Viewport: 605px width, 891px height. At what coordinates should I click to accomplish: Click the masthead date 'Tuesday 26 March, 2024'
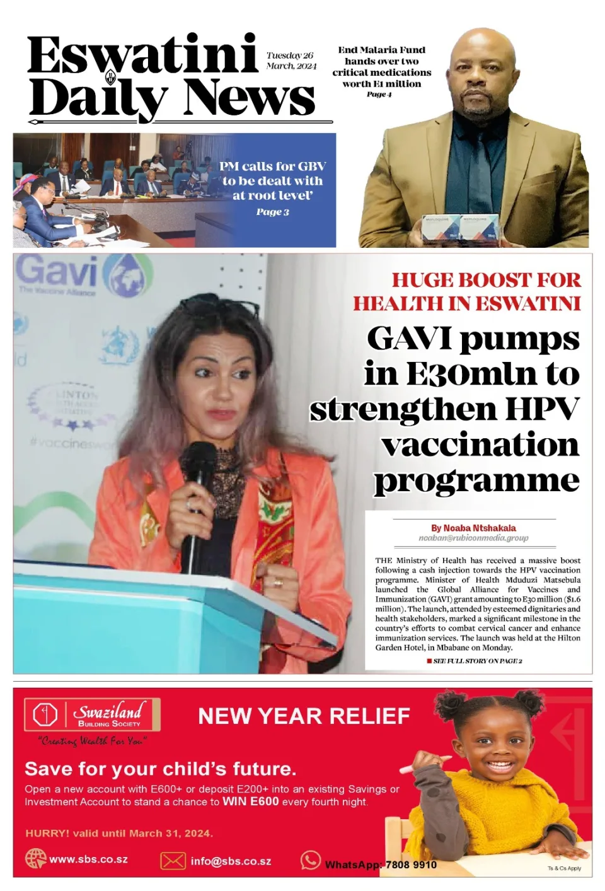(291, 61)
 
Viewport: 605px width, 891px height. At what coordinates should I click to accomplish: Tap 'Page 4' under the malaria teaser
(379, 95)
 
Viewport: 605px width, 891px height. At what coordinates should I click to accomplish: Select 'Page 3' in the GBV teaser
(272, 212)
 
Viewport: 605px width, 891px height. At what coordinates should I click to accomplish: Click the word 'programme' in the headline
(476, 480)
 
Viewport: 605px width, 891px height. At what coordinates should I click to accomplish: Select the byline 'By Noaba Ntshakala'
(473, 528)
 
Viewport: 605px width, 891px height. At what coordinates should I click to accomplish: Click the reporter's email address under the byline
(473, 538)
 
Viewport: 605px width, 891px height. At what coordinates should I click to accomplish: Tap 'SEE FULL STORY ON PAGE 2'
(477, 661)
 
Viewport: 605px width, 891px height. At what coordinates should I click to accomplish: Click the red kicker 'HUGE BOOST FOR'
(486, 280)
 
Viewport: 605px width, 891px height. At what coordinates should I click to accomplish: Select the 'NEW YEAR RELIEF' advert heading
(304, 716)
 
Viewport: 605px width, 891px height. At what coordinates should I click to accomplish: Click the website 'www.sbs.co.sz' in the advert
(88, 859)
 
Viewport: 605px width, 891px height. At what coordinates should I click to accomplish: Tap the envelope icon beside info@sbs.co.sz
(173, 861)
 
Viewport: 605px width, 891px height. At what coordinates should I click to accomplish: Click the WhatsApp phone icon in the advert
(310, 859)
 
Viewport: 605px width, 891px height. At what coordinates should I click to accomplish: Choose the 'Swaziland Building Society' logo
(92, 715)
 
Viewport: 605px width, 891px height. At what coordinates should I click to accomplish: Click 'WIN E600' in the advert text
(250, 801)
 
